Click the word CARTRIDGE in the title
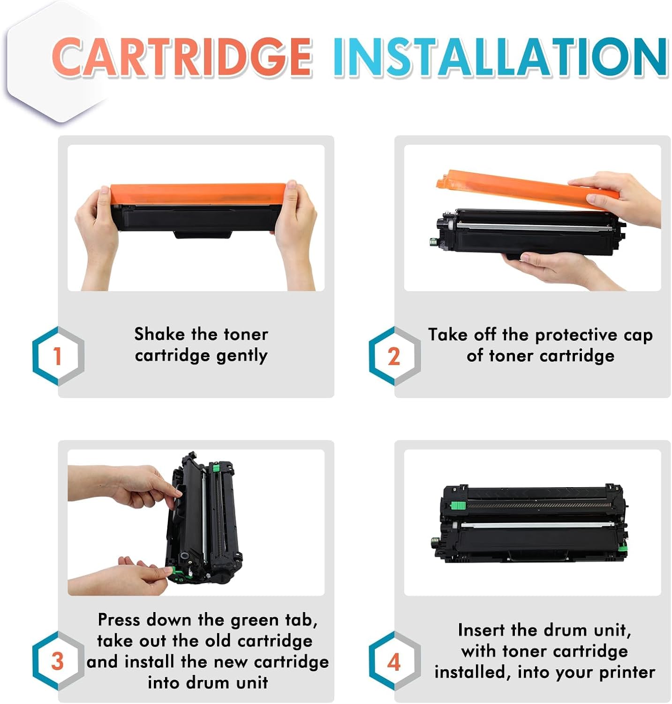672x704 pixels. click(x=182, y=57)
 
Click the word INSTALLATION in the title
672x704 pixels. click(x=500, y=57)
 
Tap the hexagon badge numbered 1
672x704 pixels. click(x=58, y=356)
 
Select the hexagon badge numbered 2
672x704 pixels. click(x=394, y=356)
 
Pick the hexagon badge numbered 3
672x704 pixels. click(x=58, y=661)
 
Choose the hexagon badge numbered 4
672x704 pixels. click(x=394, y=661)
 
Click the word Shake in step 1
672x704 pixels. click(x=159, y=334)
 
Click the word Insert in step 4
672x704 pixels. click(x=482, y=630)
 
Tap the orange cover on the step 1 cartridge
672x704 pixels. click(x=197, y=194)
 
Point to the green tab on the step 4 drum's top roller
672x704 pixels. click(x=458, y=505)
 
